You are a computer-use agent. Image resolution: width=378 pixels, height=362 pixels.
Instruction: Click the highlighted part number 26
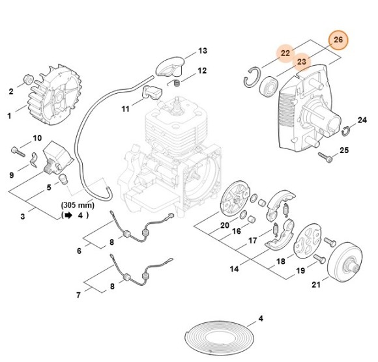(x=338, y=40)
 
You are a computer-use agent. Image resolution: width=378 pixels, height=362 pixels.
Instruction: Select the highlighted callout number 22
(x=285, y=52)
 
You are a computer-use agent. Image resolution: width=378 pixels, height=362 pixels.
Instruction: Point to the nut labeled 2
(x=27, y=79)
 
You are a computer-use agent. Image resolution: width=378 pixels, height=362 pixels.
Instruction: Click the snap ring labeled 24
(x=347, y=132)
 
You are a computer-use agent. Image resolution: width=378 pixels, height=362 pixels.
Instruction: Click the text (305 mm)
(x=74, y=203)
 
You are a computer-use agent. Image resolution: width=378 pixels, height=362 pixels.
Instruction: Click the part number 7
(x=79, y=295)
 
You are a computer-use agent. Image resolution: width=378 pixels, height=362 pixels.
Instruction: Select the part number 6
(x=79, y=250)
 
